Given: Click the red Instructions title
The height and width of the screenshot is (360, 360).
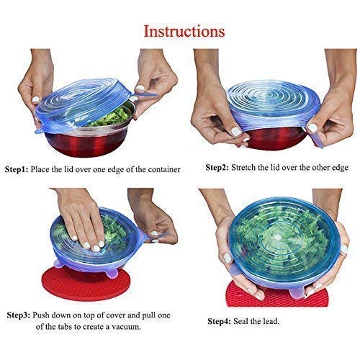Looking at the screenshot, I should [x=184, y=32].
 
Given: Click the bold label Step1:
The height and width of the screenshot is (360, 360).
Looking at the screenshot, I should [x=27, y=169].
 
